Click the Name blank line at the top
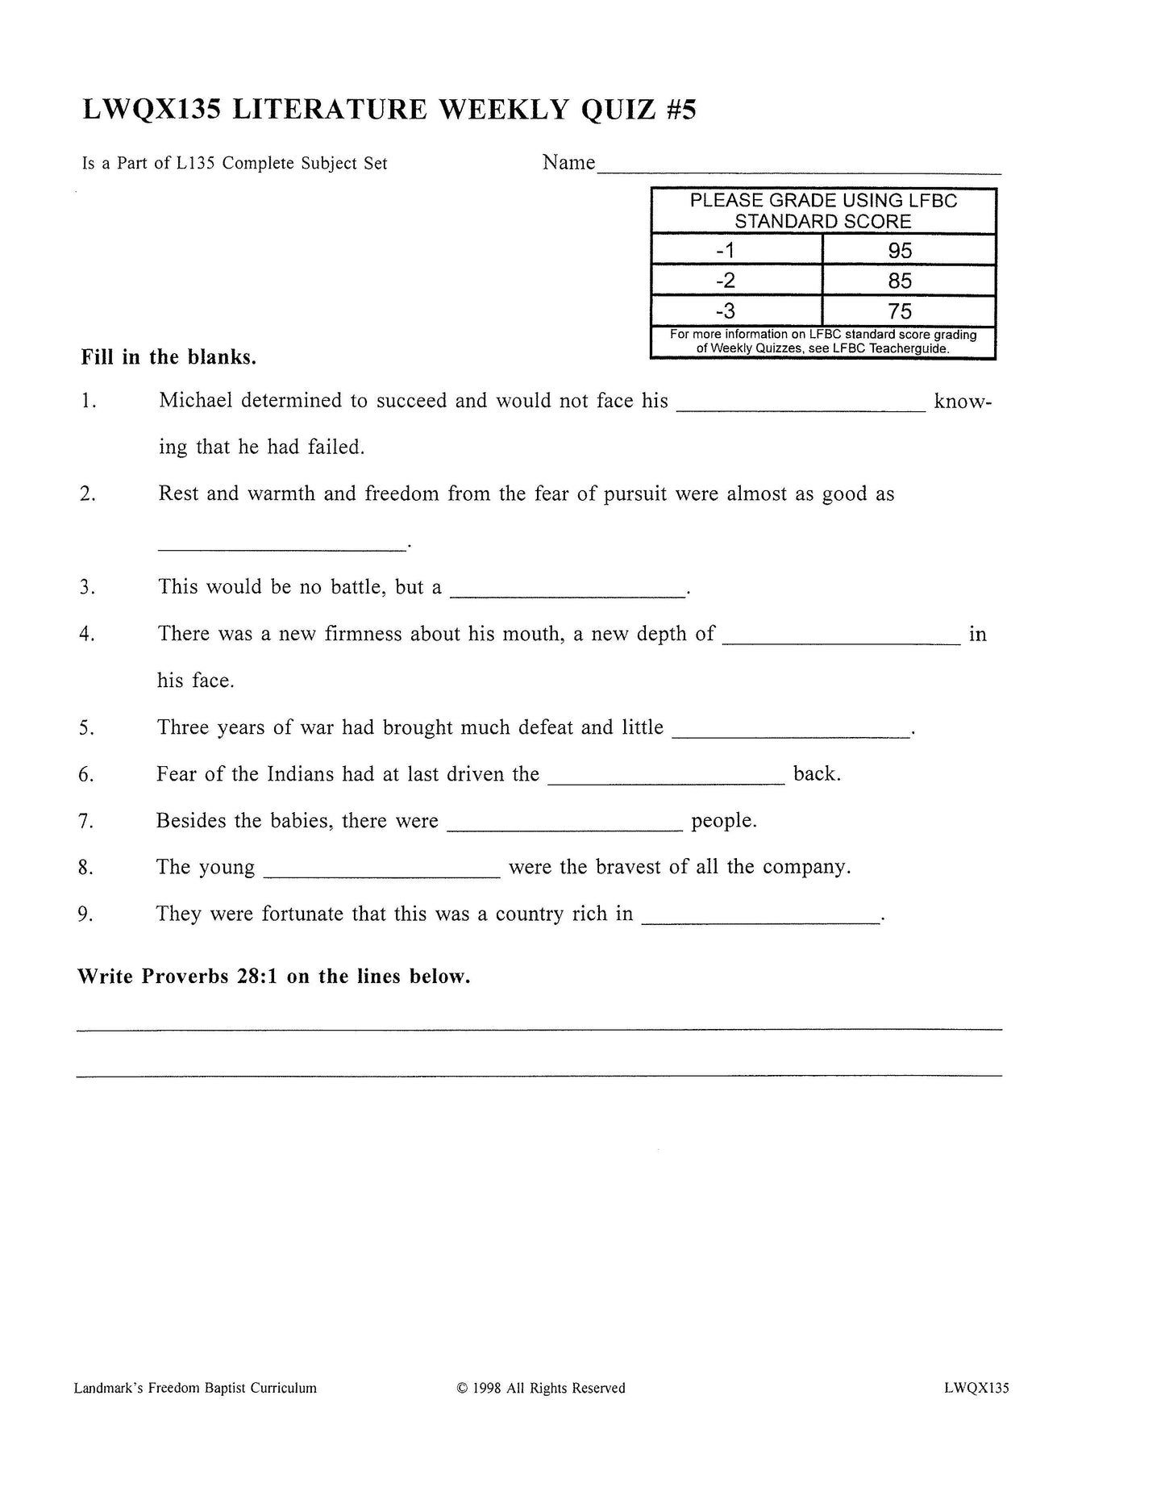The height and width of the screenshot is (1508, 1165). tap(798, 172)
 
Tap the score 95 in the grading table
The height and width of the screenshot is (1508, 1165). tap(900, 251)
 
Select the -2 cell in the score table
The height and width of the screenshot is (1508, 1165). tap(726, 281)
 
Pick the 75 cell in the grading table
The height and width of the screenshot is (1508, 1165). tap(900, 311)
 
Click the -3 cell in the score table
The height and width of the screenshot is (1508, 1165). tap(726, 311)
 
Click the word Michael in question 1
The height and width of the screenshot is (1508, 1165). tap(196, 401)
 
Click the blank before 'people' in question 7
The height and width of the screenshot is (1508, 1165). tap(564, 828)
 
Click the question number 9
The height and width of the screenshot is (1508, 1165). tap(86, 914)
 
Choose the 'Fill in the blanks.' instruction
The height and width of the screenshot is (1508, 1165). tap(169, 357)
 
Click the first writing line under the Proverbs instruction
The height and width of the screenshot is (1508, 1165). tap(539, 1028)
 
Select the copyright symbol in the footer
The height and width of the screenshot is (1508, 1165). tap(462, 1389)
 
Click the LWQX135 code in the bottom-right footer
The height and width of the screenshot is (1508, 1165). tap(976, 1389)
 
